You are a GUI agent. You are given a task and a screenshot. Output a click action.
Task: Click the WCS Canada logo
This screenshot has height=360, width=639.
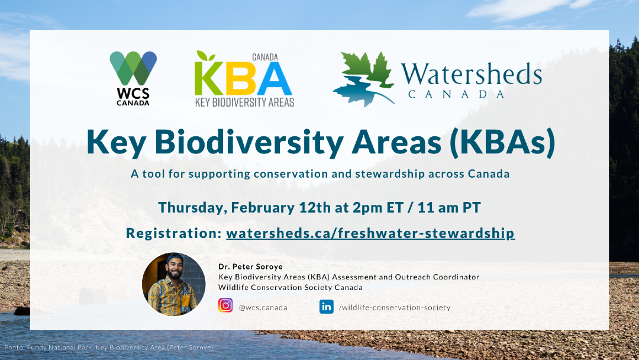pyautogui.click(x=133, y=78)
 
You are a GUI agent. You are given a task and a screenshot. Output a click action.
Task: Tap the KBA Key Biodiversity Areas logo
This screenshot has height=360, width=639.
pyautogui.click(x=244, y=79)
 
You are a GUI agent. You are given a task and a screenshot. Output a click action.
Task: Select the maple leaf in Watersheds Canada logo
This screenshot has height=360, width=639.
pyautogui.click(x=364, y=79)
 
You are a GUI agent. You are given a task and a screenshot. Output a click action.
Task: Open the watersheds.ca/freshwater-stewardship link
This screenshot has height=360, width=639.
pyautogui.click(x=370, y=233)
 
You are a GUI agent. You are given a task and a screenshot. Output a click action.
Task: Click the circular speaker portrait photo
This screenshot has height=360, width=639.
pyautogui.click(x=173, y=284)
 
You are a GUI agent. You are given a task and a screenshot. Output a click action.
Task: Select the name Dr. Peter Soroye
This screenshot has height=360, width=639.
pyautogui.click(x=251, y=266)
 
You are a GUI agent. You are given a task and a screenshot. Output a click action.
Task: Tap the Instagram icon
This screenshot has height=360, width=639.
pyautogui.click(x=225, y=306)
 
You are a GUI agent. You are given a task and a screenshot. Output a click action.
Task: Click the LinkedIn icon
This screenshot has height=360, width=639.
pyautogui.click(x=327, y=307)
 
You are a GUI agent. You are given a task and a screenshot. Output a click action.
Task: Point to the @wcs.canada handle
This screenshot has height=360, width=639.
pyautogui.click(x=263, y=308)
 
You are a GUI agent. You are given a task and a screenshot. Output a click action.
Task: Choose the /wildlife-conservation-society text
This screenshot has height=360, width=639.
pyautogui.click(x=395, y=308)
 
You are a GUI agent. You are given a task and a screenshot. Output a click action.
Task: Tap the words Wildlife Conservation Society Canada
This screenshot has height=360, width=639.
pyautogui.click(x=291, y=287)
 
